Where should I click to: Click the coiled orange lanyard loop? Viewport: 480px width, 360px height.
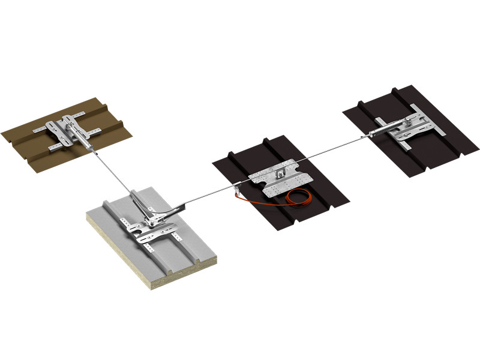(298, 198)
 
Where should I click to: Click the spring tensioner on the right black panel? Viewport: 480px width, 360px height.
(380, 131)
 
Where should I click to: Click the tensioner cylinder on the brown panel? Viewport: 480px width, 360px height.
(84, 142)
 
